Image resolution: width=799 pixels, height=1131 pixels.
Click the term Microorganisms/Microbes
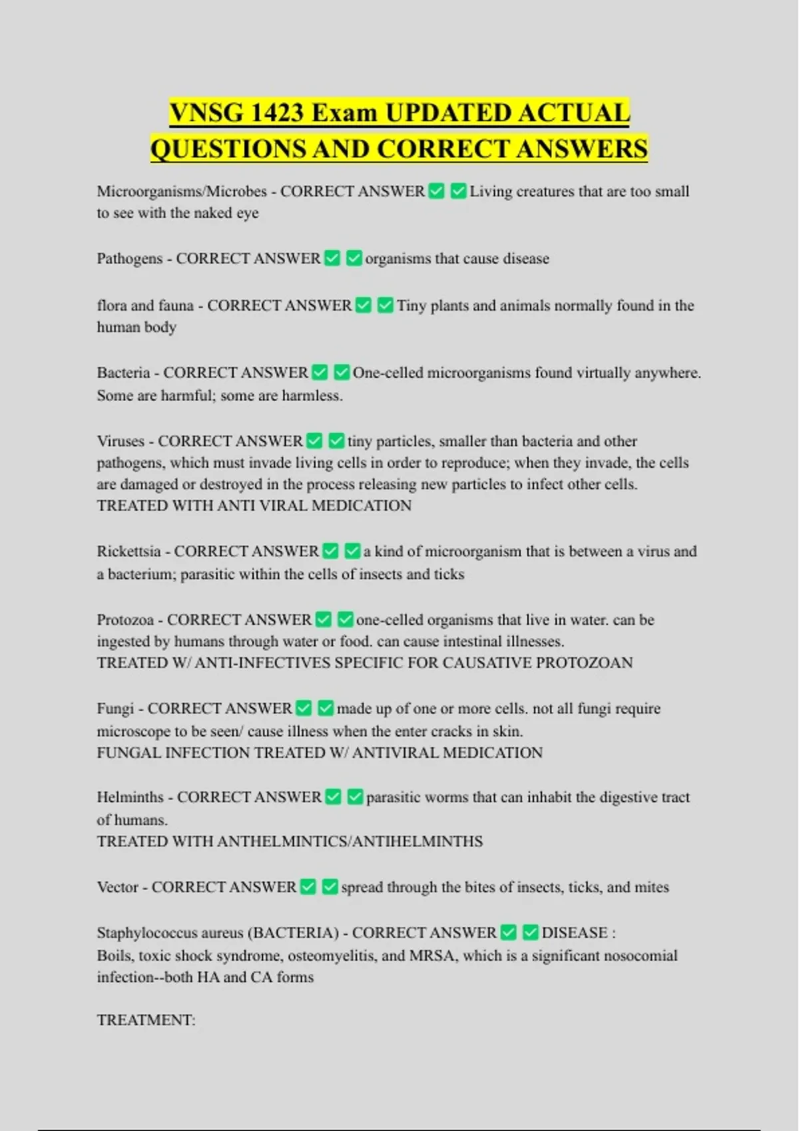182,192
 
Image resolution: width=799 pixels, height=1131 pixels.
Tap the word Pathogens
129,259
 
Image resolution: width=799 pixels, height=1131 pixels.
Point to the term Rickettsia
129,552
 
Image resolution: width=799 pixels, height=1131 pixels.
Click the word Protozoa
125,620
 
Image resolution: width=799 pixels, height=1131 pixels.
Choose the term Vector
117,888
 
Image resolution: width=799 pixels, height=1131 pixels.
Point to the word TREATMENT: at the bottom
146,1021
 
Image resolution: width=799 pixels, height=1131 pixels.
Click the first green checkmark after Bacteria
320,373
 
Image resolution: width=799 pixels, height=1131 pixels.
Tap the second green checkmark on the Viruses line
336,441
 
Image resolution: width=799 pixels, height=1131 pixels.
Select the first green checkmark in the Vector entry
308,887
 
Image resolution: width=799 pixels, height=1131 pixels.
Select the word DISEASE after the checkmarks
574,933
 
